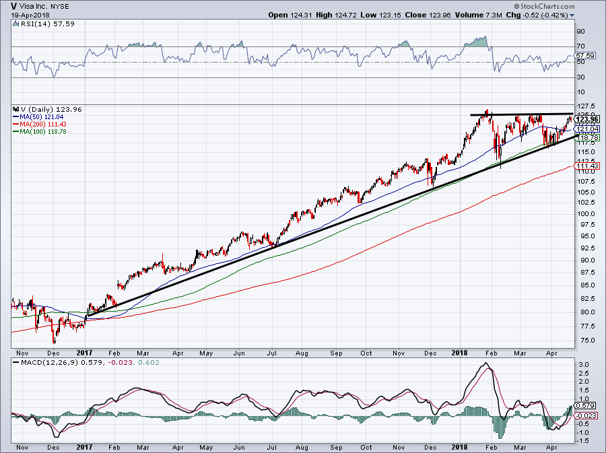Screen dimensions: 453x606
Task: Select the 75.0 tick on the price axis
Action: click(585, 341)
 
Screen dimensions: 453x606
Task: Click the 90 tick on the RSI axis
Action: click(581, 32)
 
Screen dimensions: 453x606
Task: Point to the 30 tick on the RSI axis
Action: click(581, 77)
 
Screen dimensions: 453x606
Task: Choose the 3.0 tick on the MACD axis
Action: click(584, 364)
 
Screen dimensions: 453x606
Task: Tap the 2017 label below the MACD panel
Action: click(84, 446)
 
